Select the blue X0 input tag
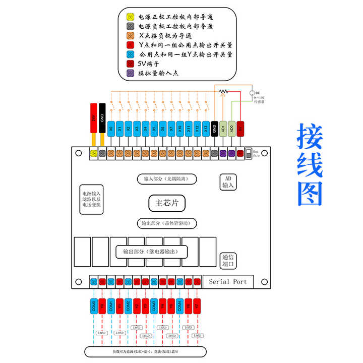[111, 129]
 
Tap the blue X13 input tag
[206, 129]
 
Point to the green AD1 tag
[223, 129]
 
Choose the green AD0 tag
[231, 129]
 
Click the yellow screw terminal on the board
[93, 153]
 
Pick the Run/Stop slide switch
[249, 153]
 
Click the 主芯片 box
[166, 203]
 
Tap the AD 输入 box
[227, 182]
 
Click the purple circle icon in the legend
[130, 73]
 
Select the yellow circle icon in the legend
[130, 17]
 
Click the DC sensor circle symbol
[252, 93]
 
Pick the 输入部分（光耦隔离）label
[166, 179]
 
